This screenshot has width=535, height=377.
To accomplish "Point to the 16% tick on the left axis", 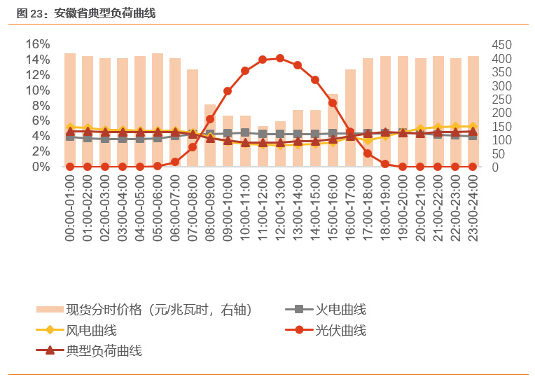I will (38, 44).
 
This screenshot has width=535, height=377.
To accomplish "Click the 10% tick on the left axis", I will (38, 90).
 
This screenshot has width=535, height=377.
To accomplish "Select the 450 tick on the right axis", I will (501, 44).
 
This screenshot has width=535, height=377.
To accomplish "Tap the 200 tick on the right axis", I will (501, 113).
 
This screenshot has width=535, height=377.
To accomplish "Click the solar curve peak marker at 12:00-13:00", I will (280, 58).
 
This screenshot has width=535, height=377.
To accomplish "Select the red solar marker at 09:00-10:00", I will (228, 91).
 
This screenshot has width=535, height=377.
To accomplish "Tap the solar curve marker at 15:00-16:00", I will (333, 103).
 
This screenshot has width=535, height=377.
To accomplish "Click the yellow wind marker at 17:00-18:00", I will (368, 140).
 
